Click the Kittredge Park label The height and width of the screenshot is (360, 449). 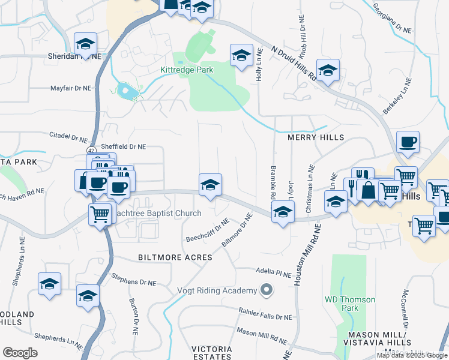point(187,70)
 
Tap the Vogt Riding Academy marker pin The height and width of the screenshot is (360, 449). point(267,291)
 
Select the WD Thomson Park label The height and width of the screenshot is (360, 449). point(349,304)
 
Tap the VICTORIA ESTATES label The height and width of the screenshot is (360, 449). point(212,353)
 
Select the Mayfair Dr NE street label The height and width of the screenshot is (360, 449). point(70,88)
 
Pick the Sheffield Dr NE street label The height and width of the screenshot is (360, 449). point(124,146)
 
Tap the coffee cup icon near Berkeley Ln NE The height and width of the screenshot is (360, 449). point(408,142)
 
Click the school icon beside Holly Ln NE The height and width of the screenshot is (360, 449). point(241,55)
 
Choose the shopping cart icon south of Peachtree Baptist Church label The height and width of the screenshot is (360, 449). point(100,213)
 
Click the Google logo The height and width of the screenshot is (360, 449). point(20,353)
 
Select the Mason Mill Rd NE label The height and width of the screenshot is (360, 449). point(262,331)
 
